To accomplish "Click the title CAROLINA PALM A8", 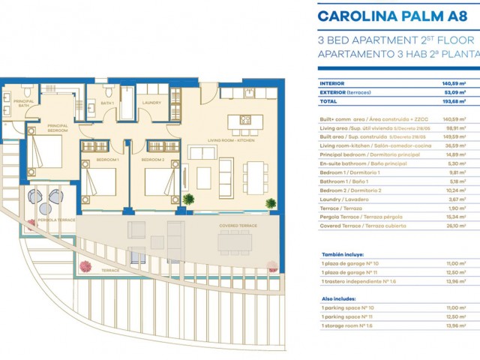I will pyautogui.click(x=397, y=16).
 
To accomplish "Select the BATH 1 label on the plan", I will pyautogui.click(x=107, y=103).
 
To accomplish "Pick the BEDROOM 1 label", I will pyautogui.click(x=108, y=160).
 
